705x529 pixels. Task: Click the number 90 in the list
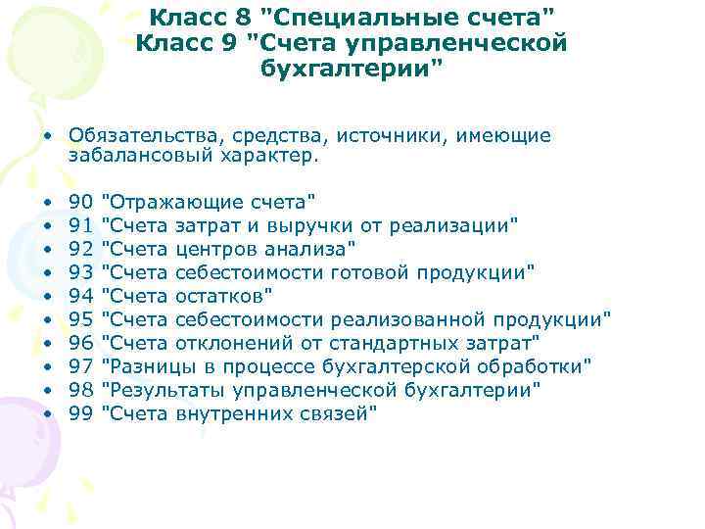(x=81, y=202)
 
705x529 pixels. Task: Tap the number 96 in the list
(x=81, y=343)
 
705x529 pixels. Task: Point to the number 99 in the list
(x=81, y=413)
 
